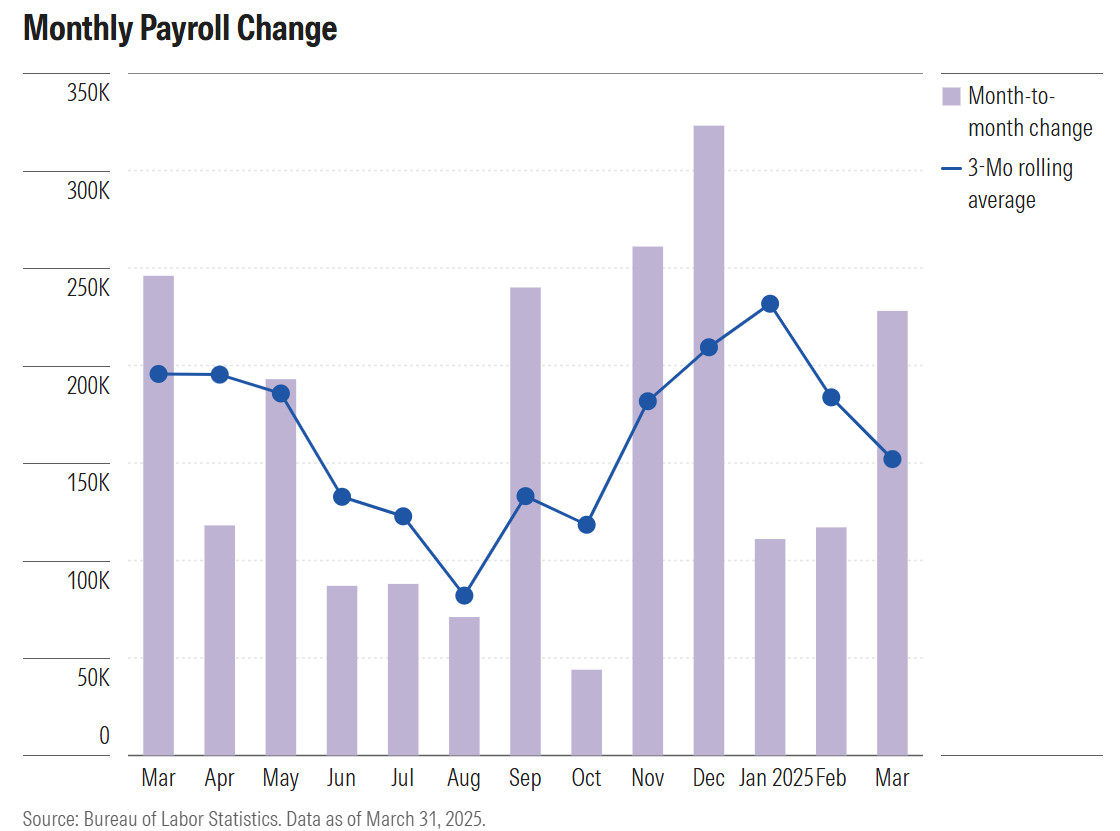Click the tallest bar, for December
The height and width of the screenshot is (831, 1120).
pos(709,440)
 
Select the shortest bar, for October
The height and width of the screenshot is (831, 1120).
pos(587,712)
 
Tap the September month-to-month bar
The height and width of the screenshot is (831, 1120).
pos(525,521)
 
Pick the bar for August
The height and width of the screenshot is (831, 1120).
pos(464,686)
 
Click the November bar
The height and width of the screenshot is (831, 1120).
pos(648,500)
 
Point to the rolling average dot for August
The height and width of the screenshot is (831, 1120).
pos(464,595)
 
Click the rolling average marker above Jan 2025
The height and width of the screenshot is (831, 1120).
pos(770,304)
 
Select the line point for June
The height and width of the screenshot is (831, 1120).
pos(342,497)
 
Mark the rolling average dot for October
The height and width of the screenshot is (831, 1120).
pos(587,524)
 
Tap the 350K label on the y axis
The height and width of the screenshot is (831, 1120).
pos(88,94)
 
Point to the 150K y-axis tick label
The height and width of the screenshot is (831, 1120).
pos(88,483)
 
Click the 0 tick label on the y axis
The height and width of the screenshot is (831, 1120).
pos(104,736)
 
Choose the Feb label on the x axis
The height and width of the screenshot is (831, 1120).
pos(831,778)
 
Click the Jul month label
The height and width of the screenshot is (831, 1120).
pos(403,778)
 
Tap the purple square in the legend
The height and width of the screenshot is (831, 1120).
pos(951,96)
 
